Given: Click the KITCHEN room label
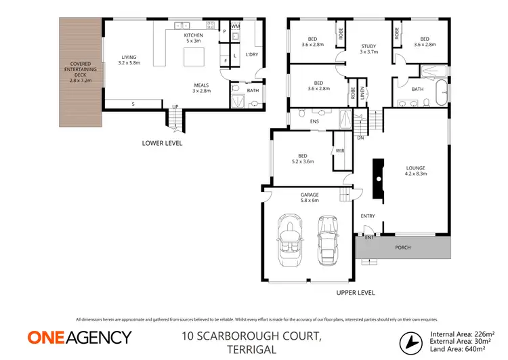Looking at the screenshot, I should (x=194, y=37).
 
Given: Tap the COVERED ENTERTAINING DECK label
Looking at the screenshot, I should (x=81, y=72).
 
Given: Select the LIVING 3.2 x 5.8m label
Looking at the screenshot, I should (x=129, y=60).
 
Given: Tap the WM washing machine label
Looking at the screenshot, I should (x=236, y=26).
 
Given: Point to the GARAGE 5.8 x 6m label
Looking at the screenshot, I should (x=309, y=197).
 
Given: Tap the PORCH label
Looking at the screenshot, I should (x=402, y=247).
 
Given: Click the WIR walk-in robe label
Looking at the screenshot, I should (x=340, y=151).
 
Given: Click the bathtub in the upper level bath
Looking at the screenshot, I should (x=440, y=93).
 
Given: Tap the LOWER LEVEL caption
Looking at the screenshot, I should (x=162, y=143).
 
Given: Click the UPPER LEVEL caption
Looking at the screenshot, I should (x=355, y=293).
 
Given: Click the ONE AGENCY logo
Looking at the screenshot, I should (x=79, y=337).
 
